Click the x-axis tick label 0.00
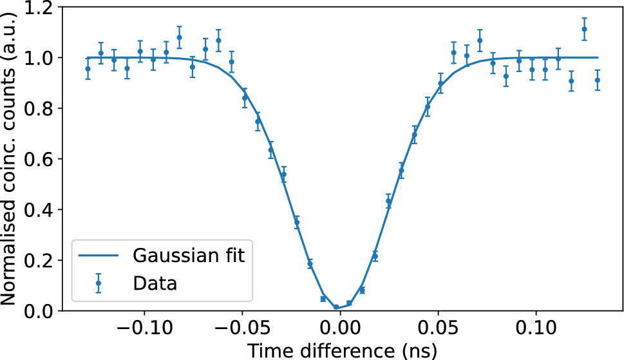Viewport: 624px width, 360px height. click(340, 327)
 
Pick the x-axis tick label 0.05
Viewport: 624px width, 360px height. click(438, 327)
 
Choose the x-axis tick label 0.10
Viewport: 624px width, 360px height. click(536, 327)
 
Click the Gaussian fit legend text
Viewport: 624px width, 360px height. click(189, 256)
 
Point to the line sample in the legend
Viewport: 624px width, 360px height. click(99, 256)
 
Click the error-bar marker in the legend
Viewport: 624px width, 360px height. click(99, 283)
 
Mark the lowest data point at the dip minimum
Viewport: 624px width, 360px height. click(336, 308)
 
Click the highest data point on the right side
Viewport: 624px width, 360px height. click(584, 29)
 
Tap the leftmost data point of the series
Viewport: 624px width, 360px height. click(88, 68)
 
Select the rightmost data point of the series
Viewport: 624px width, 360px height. click(598, 80)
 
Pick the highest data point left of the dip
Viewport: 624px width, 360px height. click(179, 37)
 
